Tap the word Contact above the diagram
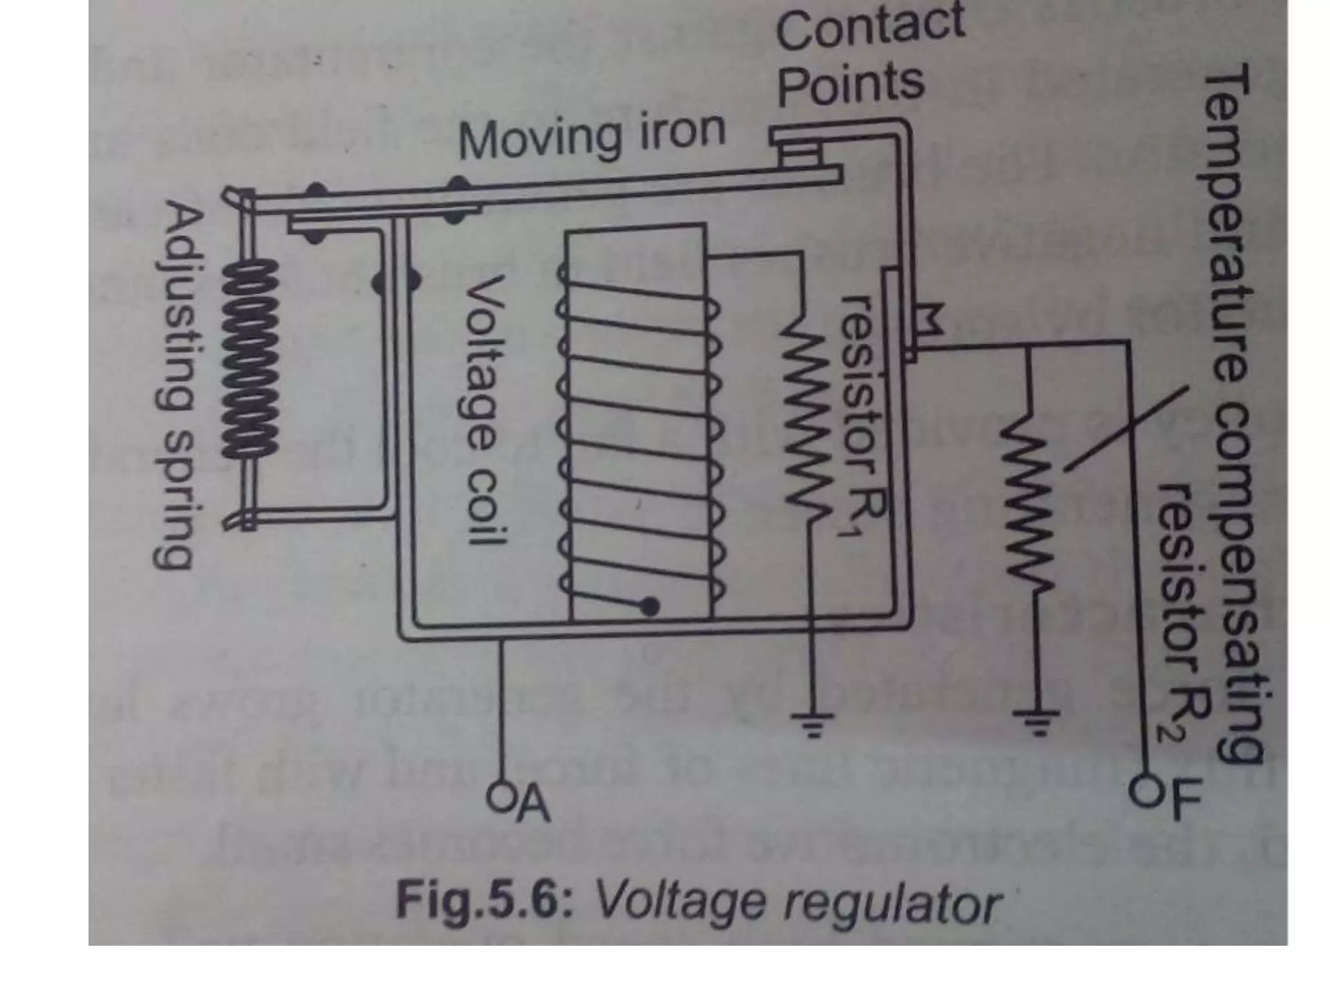coord(870,27)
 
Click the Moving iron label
coord(591,136)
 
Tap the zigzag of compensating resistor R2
coord(1029,507)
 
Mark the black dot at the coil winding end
coord(649,606)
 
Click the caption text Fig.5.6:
coord(484,900)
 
